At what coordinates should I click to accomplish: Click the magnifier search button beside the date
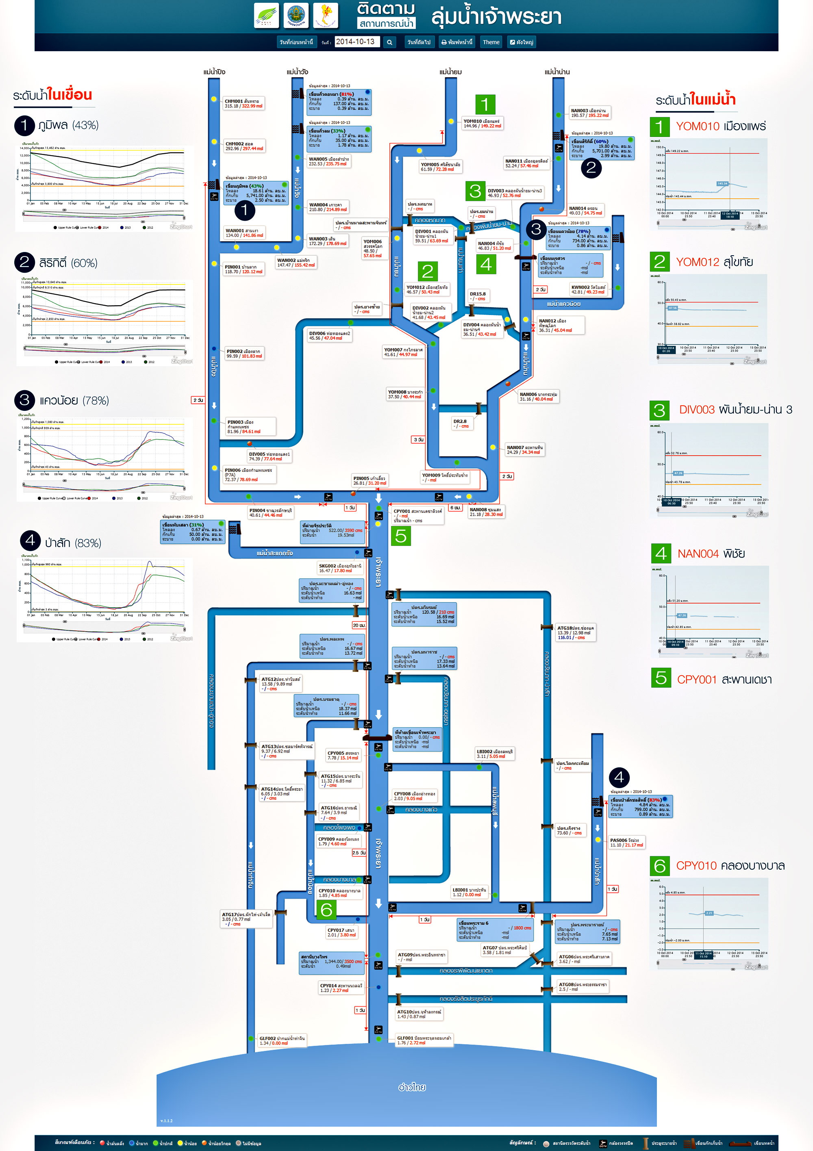389,43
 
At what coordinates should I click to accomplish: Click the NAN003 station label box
590,113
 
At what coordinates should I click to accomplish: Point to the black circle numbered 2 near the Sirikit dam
591,167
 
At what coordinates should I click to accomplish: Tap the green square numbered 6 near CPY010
326,909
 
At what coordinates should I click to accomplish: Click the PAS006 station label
626,842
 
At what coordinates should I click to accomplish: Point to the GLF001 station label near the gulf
424,1040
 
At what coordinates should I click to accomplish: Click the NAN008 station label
486,512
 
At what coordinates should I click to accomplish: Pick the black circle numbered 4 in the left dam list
30,541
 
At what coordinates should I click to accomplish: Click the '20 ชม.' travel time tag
359,625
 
